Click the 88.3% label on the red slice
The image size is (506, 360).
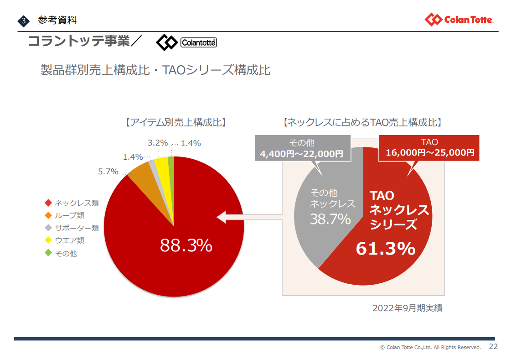pyautogui.click(x=186, y=245)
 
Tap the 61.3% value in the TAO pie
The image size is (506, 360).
pyautogui.click(x=385, y=249)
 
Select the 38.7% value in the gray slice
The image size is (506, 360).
pyautogui.click(x=330, y=219)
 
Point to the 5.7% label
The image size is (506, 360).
pyautogui.click(x=108, y=172)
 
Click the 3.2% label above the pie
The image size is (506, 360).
pyautogui.click(x=158, y=143)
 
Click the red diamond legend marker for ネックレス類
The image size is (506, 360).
pyautogui.click(x=48, y=203)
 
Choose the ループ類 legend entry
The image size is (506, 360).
pyautogui.click(x=65, y=215)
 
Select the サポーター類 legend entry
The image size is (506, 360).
pyautogui.click(x=72, y=228)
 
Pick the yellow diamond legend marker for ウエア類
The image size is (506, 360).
pyautogui.click(x=48, y=240)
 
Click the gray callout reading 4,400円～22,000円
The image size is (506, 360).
pyautogui.click(x=302, y=148)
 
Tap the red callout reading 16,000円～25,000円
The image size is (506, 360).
pyautogui.click(x=429, y=148)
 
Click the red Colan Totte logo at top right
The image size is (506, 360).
pyautogui.click(x=459, y=19)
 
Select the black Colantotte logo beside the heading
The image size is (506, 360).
pyautogui.click(x=186, y=42)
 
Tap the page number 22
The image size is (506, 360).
pyautogui.click(x=493, y=346)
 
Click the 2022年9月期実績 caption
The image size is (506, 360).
pyautogui.click(x=407, y=308)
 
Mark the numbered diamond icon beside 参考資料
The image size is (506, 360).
pyautogui.click(x=24, y=21)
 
